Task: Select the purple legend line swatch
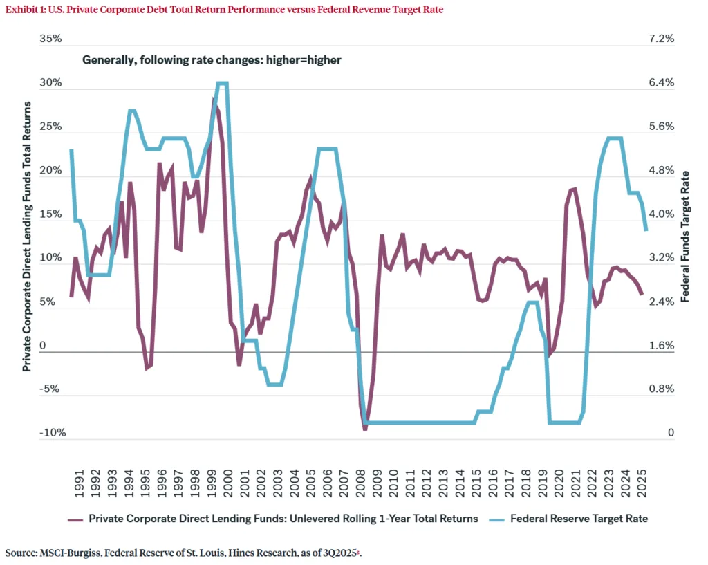(75, 519)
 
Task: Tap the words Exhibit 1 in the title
(26, 10)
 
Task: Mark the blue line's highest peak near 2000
(221, 83)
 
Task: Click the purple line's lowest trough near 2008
(365, 429)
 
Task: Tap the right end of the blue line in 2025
(646, 230)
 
